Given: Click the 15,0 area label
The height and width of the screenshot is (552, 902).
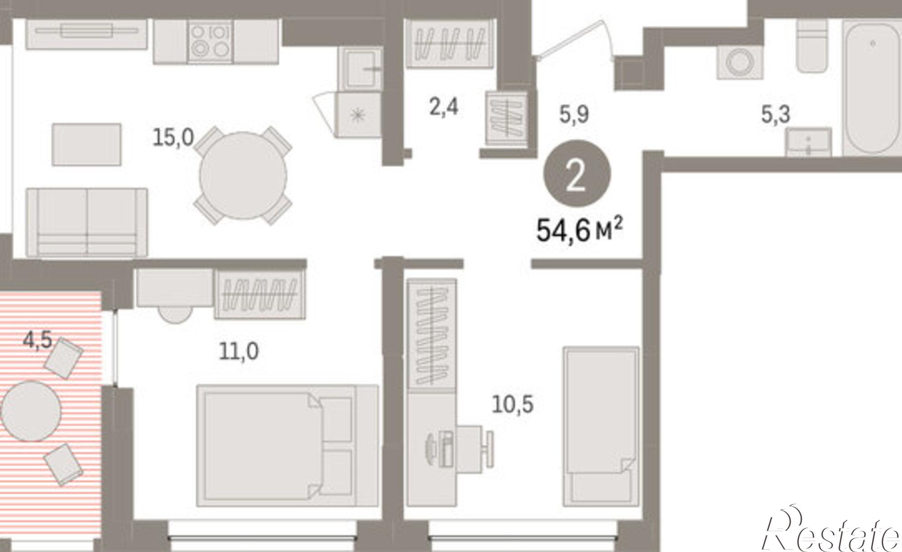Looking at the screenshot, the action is [x=173, y=137].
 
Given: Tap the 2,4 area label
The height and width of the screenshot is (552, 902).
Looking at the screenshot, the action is [x=444, y=107].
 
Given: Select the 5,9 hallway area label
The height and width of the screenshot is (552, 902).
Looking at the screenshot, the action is [x=574, y=114].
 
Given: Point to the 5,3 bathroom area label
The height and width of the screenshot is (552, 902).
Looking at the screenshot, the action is [x=776, y=114].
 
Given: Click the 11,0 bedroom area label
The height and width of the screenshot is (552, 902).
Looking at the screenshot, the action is [x=239, y=351].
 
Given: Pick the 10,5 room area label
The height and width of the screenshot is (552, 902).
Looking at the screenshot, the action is [x=513, y=404].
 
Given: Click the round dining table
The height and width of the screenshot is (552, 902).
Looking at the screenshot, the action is [x=243, y=176].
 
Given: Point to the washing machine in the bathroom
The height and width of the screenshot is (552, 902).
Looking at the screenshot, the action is [x=740, y=62].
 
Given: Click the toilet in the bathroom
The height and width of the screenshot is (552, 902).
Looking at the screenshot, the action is [x=812, y=45].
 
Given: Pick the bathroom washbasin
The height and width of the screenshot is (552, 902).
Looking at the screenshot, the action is [x=809, y=142].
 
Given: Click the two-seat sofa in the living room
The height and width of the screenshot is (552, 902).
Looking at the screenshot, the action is [x=87, y=222].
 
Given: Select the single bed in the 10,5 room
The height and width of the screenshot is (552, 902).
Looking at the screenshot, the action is [x=601, y=426].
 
